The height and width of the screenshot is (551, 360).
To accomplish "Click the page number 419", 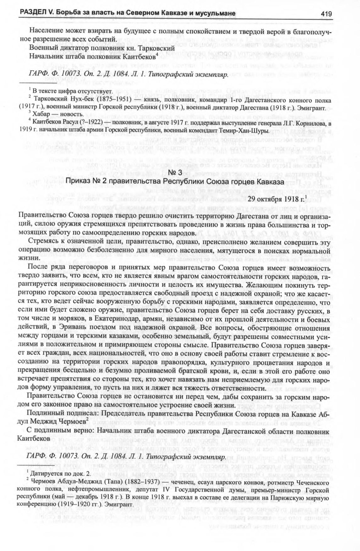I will tap(326, 14).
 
